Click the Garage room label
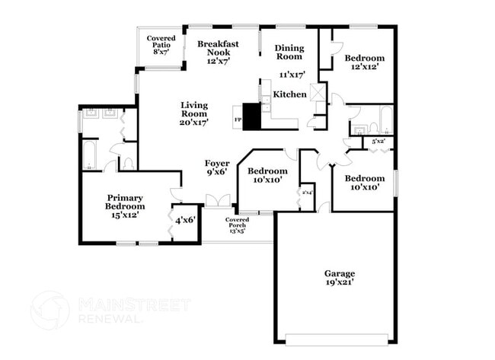click(339, 273)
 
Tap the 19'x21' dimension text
click(339, 283)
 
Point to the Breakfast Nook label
click(218, 48)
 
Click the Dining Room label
click(289, 52)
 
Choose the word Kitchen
click(290, 94)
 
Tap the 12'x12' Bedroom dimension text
click(364, 67)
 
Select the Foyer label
click(217, 164)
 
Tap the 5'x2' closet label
click(378, 142)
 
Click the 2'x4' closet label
click(307, 193)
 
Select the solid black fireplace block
click(251, 116)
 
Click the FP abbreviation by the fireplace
click(238, 120)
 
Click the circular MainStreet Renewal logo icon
click(50, 310)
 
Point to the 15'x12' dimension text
click(125, 215)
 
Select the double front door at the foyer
click(218, 202)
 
